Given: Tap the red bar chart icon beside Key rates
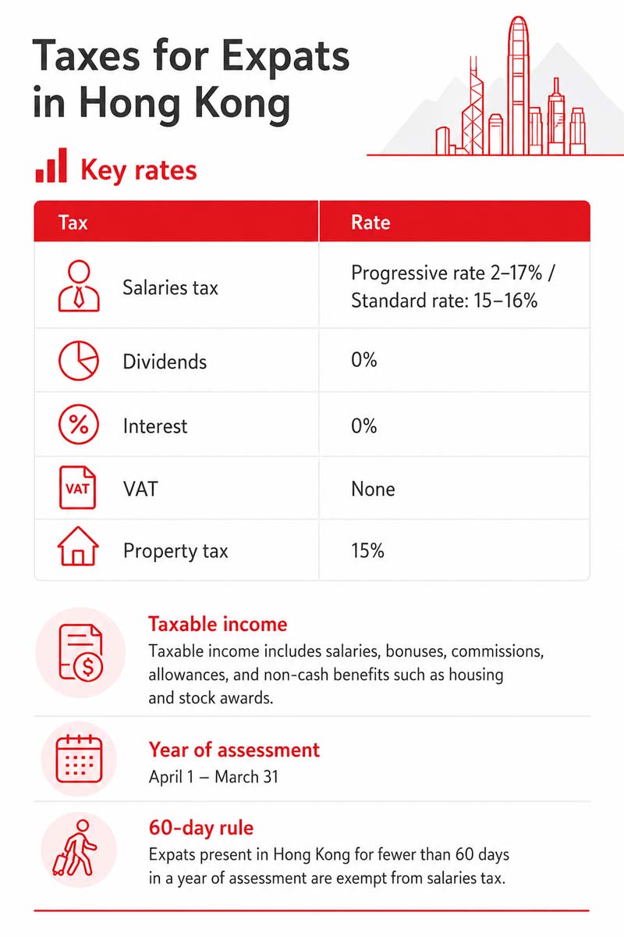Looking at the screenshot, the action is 51,166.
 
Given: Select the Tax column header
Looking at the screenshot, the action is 73,222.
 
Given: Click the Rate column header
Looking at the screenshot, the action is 370,222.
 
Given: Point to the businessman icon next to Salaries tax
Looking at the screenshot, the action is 79,286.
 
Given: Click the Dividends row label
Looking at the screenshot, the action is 165,362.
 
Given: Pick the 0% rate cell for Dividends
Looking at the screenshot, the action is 364,360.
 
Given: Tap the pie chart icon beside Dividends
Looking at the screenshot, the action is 79,361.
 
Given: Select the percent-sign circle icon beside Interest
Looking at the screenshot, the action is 79,425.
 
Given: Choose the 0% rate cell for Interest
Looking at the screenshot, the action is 364,426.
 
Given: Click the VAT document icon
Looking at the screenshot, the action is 78,487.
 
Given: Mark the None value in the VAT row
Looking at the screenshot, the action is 373,489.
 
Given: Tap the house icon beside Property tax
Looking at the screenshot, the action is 78,546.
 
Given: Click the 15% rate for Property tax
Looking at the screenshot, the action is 367,550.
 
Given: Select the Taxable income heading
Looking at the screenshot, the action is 218,624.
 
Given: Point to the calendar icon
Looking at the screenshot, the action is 79,759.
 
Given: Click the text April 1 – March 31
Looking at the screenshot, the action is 214,777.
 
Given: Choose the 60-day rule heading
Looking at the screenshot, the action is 201,828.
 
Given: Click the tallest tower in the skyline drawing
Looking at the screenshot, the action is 518,85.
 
